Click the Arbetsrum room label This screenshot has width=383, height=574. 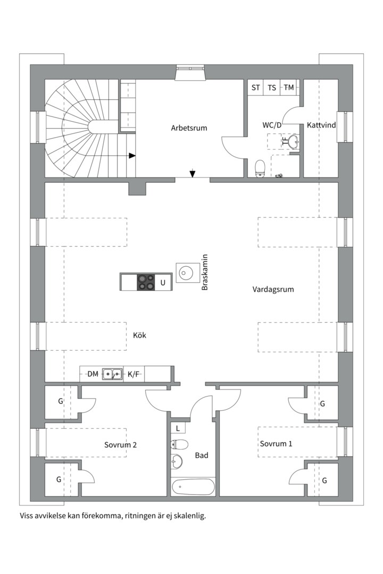[189, 128]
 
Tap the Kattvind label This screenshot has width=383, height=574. [321, 125]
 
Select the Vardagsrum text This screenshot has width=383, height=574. [273, 290]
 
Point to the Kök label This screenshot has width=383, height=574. [139, 335]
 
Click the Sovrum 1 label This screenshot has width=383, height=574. [276, 443]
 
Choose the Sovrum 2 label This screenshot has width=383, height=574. [120, 445]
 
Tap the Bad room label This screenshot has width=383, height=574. [202, 455]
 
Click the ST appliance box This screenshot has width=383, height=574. [256, 88]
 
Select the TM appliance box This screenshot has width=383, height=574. [289, 88]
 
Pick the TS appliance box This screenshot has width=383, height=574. [272, 88]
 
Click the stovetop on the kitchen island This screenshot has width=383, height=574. [146, 282]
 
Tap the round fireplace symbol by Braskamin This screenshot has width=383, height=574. [185, 273]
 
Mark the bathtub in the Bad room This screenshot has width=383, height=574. [193, 486]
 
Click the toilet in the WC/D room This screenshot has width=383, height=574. [260, 167]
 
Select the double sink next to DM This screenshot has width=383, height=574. [112, 374]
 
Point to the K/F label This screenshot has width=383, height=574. [134, 374]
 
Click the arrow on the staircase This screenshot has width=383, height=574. [132, 156]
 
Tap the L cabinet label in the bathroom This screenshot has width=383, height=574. [177, 428]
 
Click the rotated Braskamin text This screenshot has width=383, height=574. [205, 272]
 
